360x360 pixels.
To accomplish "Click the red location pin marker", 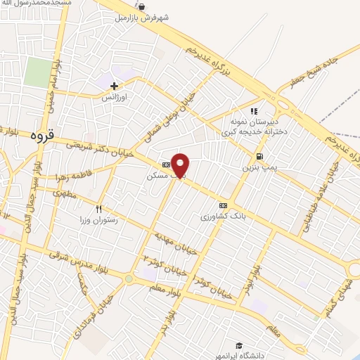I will pyautogui.click(x=181, y=165).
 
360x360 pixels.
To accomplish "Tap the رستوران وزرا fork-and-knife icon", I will pyautogui.click(x=98, y=209).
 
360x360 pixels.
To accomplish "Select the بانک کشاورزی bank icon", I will pyautogui.click(x=223, y=205).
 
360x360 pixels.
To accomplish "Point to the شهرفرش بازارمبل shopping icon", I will pyautogui.click(x=143, y=7).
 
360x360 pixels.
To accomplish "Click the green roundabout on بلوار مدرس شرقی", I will pyautogui.click(x=129, y=278).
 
